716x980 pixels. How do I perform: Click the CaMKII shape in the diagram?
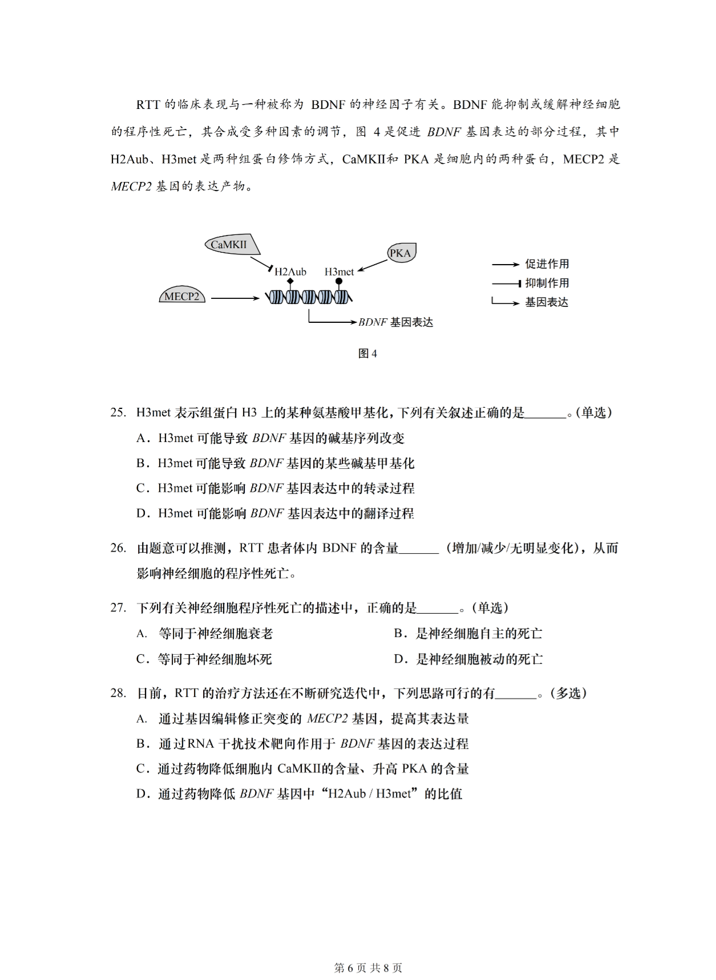point(232,245)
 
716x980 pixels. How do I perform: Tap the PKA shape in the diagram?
point(401,253)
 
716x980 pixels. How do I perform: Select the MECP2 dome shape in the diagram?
point(182,296)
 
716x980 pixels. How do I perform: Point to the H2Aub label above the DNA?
point(290,272)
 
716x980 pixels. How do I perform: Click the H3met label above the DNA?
point(339,272)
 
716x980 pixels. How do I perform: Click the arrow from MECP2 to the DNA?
point(234,298)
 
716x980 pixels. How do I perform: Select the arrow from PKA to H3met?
point(373,266)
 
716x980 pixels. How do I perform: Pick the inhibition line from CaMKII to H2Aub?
point(261,264)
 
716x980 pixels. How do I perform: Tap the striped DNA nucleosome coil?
point(309,297)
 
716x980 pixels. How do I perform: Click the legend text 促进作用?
point(547,264)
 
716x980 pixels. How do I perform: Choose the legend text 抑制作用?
point(547,283)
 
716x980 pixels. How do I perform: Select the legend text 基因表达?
point(547,302)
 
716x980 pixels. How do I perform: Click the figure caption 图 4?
point(367,354)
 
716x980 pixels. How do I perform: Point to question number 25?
point(118,413)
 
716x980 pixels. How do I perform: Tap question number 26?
point(118,548)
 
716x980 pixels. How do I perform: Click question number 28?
point(118,693)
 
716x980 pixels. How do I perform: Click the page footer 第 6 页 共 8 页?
point(367,968)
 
